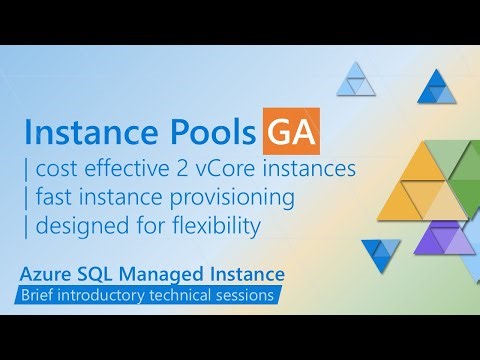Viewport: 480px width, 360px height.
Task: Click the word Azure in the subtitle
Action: pos(50,273)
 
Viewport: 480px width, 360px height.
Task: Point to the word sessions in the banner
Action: pos(245,296)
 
